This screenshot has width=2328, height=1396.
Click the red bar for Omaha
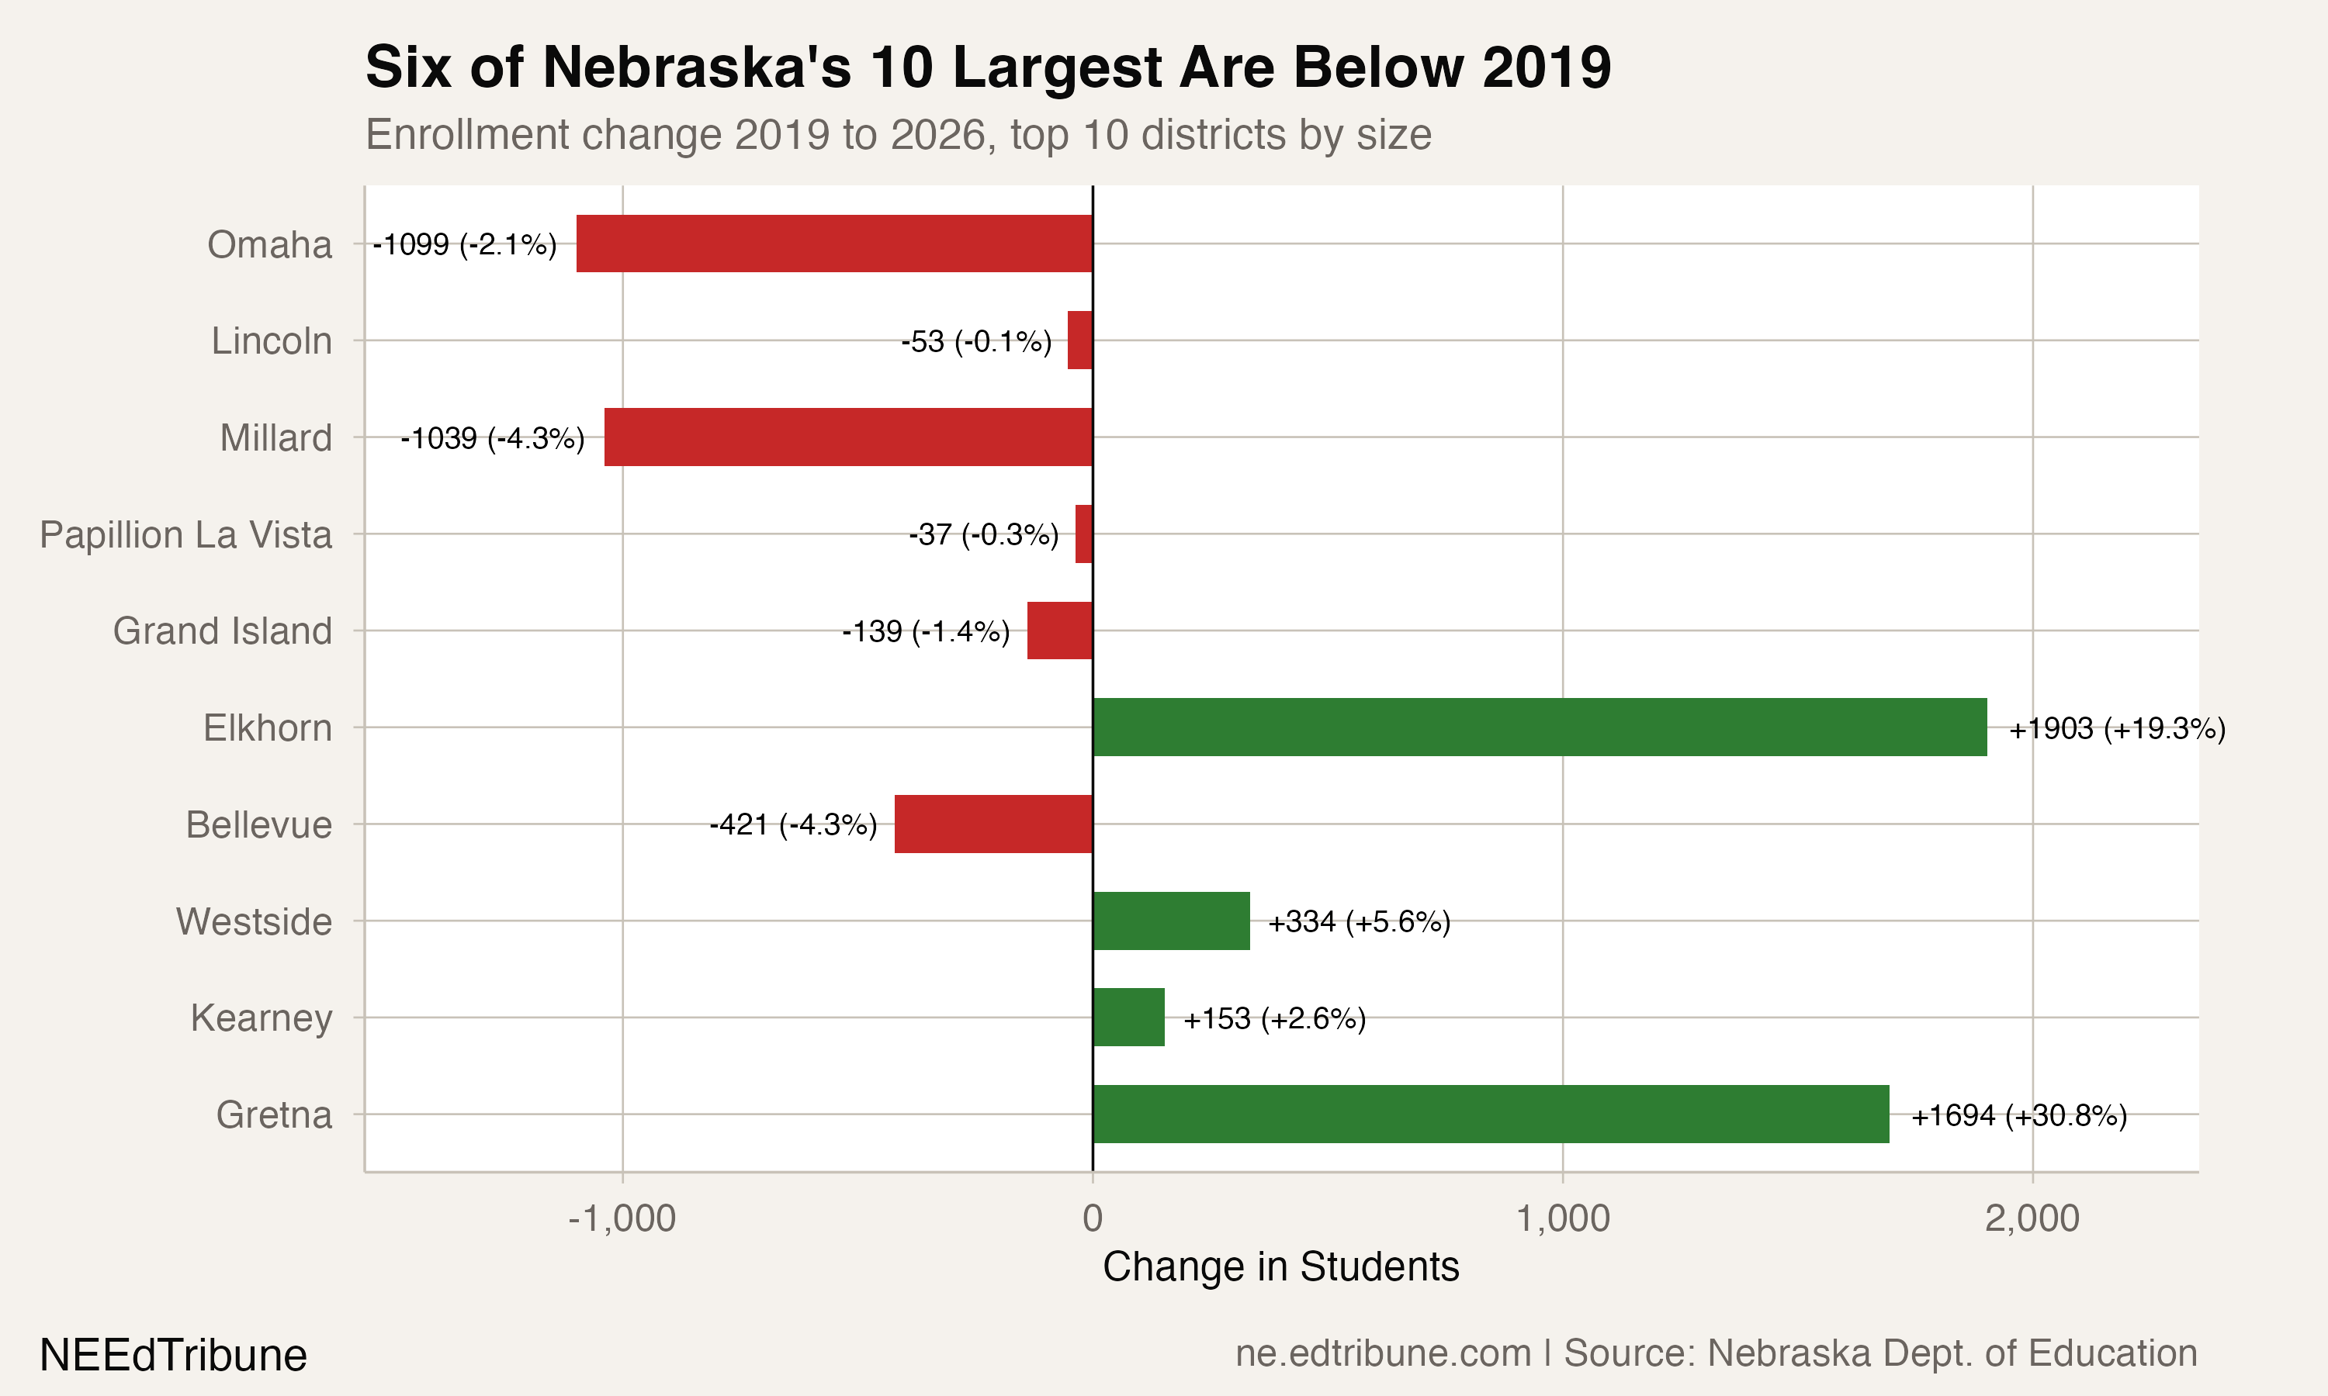pyautogui.click(x=833, y=244)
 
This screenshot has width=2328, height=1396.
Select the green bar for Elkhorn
pyautogui.click(x=1540, y=727)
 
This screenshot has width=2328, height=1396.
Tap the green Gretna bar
pyautogui.click(x=1491, y=1114)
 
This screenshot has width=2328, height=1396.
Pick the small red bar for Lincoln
pyautogui.click(x=1080, y=340)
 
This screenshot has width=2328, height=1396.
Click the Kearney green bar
pyautogui.click(x=1128, y=1017)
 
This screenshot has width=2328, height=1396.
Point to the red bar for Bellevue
pyautogui.click(x=993, y=824)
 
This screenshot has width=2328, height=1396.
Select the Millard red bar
pyautogui.click(x=848, y=437)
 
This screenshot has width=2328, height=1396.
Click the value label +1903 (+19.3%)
pyautogui.click(x=2117, y=729)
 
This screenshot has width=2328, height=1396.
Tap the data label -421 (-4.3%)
pyautogui.click(x=793, y=825)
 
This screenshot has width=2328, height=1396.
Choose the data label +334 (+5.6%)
pyautogui.click(x=1359, y=922)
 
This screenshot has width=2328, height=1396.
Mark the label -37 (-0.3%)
pyautogui.click(x=983, y=534)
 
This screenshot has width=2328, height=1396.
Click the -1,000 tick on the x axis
pyautogui.click(x=622, y=1218)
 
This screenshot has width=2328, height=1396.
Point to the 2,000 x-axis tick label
pyautogui.click(x=2032, y=1218)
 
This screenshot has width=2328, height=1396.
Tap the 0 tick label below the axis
pyautogui.click(x=1093, y=1218)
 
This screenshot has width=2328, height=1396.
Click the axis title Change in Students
pyautogui.click(x=1280, y=1267)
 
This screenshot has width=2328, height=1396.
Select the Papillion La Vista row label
pyautogui.click(x=185, y=534)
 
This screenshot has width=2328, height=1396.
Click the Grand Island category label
pyautogui.click(x=222, y=631)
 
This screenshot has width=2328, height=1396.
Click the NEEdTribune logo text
pyautogui.click(x=173, y=1356)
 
